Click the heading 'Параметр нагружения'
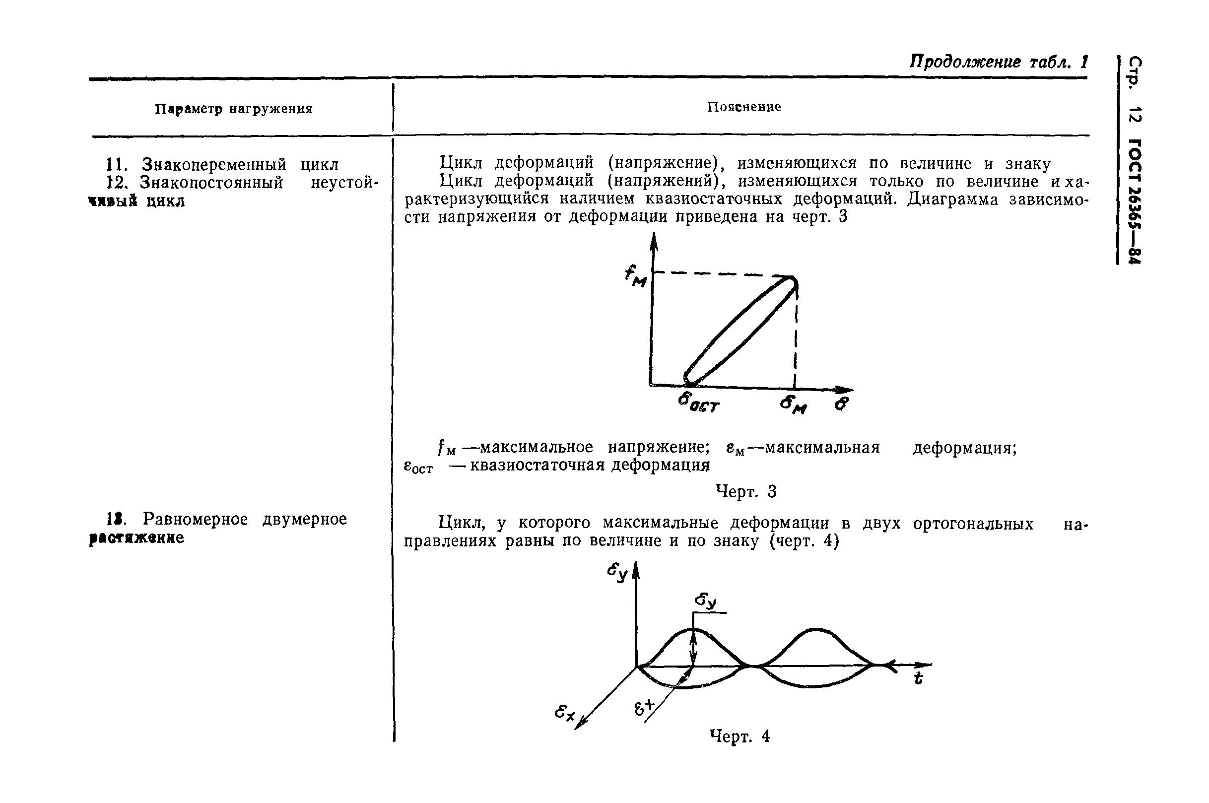pyautogui.click(x=233, y=110)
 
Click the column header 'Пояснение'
pyautogui.click(x=743, y=107)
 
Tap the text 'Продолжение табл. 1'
pyautogui.click(x=998, y=63)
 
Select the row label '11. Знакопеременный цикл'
pyautogui.click(x=222, y=165)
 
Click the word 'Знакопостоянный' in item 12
pyautogui.click(x=211, y=183)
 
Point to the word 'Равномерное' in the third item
pyautogui.click(x=195, y=519)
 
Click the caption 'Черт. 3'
pyautogui.click(x=745, y=492)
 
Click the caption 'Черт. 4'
pyautogui.click(x=740, y=736)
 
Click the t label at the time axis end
pyautogui.click(x=919, y=679)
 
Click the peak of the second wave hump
pyautogui.click(x=816, y=629)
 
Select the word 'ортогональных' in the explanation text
pyautogui.click(x=973, y=524)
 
